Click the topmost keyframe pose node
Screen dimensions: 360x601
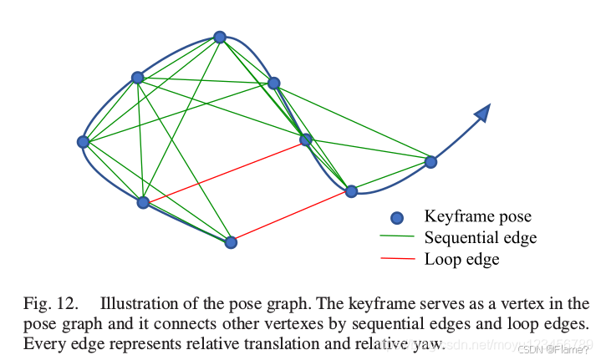[220, 37]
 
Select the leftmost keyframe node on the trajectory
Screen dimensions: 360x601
[83, 142]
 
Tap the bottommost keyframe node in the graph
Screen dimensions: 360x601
[232, 242]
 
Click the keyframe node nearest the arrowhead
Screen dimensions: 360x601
[430, 162]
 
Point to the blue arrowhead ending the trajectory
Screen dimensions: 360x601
[481, 114]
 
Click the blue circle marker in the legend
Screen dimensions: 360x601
[397, 218]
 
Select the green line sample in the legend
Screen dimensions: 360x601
[397, 238]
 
